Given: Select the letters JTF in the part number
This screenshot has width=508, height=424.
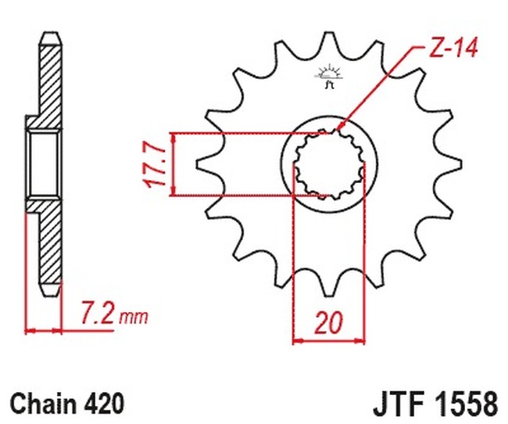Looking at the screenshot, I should [392, 404].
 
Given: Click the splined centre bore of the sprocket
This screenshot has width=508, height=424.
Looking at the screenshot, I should [329, 164].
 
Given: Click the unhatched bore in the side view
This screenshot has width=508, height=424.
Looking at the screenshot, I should [44, 164].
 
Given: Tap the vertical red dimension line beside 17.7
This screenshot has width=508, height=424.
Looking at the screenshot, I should [172, 163].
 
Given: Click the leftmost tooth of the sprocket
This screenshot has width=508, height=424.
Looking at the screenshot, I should [202, 164].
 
